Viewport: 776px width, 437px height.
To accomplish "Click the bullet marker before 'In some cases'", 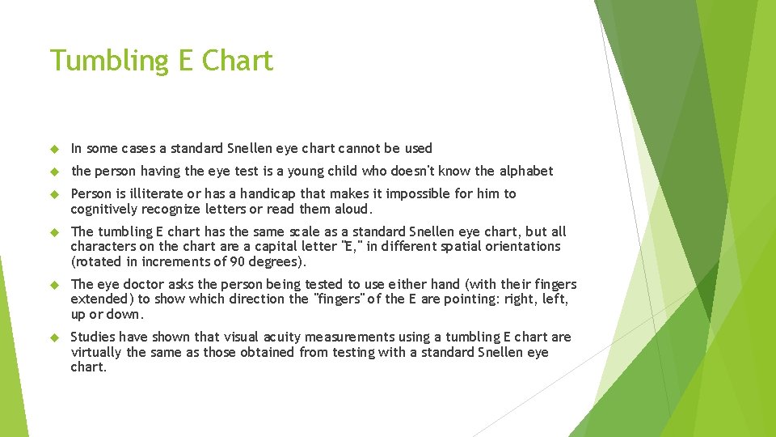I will [55, 148].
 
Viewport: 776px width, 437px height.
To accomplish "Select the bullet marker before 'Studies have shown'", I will [55, 337].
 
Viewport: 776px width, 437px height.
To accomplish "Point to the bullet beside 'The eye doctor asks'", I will [55, 284].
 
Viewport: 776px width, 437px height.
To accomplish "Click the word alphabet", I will [525, 171].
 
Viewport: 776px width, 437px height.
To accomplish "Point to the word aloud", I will [352, 209].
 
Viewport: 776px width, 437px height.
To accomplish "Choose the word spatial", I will [454, 246].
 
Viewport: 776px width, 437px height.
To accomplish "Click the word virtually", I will [96, 352].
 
